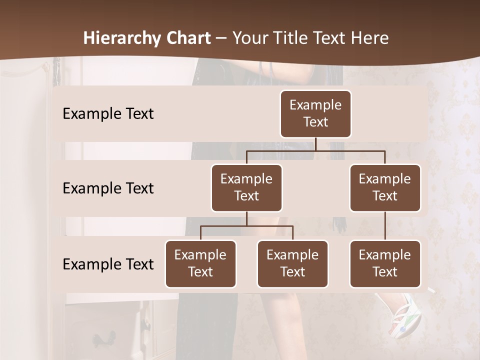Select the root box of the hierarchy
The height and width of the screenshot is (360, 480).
coord(315,114)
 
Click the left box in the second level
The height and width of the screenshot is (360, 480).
coord(246,188)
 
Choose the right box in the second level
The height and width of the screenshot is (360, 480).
coord(385,188)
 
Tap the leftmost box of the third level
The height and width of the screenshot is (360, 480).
coord(200,264)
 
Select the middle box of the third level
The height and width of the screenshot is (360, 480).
coord(292,264)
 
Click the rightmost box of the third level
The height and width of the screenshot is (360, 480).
coord(385,264)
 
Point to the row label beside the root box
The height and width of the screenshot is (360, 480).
coord(108,114)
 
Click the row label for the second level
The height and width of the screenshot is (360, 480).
coord(108,188)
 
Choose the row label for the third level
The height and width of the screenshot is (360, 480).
coord(108,264)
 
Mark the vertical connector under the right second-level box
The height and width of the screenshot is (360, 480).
coord(385,226)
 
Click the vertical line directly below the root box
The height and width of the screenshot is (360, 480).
coord(315,144)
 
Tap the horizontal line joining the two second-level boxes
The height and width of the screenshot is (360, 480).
coord(315,150)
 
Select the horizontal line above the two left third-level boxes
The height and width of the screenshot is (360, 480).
coord(246,226)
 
